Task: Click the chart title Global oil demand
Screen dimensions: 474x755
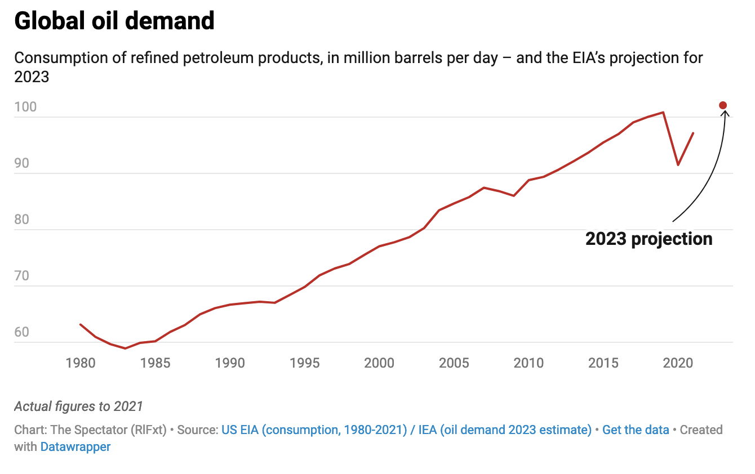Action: pyautogui.click(x=114, y=21)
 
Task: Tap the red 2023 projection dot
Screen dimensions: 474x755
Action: pyautogui.click(x=723, y=105)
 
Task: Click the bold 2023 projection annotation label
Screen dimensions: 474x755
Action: pyautogui.click(x=649, y=239)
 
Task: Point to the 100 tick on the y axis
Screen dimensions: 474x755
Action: pyautogui.click(x=25, y=107)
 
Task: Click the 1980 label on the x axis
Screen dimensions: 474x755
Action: pyautogui.click(x=81, y=363)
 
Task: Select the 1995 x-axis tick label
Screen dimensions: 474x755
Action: pyautogui.click(x=304, y=363)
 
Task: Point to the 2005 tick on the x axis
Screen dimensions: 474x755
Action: pyautogui.click(x=454, y=363)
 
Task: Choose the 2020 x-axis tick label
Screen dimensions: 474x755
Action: pyautogui.click(x=678, y=363)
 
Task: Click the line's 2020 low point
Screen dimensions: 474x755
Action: pyautogui.click(x=678, y=165)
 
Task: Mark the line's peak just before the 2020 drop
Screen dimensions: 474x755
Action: pyautogui.click(x=663, y=112)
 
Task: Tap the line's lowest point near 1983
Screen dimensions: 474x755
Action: pyautogui.click(x=125, y=348)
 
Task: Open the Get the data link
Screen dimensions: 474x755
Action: pyautogui.click(x=636, y=430)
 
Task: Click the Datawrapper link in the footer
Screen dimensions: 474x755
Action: pyautogui.click(x=75, y=447)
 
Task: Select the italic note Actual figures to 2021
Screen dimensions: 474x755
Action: pyautogui.click(x=78, y=406)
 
